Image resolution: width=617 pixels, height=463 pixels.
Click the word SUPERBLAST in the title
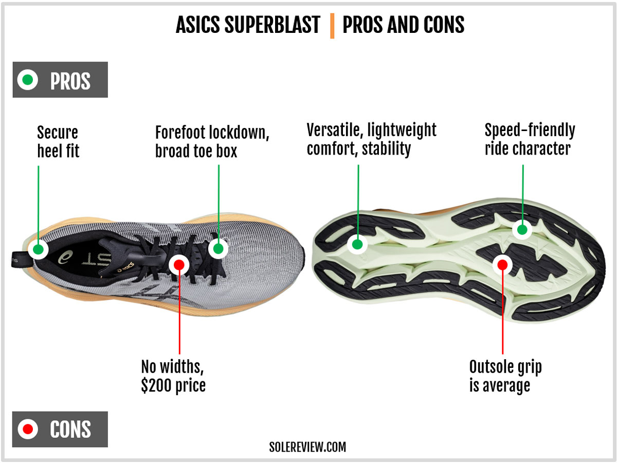click(x=272, y=25)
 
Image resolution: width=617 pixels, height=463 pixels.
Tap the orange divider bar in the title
click(x=332, y=26)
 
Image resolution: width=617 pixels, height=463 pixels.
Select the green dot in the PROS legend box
click(x=28, y=80)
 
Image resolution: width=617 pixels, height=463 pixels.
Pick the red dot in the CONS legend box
click(x=28, y=429)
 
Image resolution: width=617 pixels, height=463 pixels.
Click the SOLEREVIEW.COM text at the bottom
click(x=307, y=447)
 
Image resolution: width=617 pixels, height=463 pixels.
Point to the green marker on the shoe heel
click(x=38, y=249)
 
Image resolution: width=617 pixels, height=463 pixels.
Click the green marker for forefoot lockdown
click(x=219, y=248)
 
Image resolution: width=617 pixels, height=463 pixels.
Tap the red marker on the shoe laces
click(x=179, y=264)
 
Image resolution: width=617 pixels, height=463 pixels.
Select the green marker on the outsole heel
click(x=357, y=244)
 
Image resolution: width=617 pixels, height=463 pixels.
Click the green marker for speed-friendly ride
click(x=522, y=230)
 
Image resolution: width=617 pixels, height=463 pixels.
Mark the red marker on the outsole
click(x=502, y=264)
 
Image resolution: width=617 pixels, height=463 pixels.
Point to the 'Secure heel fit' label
click(x=58, y=142)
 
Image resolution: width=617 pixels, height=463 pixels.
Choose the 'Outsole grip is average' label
click(x=505, y=376)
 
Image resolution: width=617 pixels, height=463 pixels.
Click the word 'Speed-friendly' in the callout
click(x=530, y=131)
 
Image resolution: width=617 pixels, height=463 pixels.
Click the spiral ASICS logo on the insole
click(x=65, y=257)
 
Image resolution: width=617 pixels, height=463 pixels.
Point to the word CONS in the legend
click(x=70, y=429)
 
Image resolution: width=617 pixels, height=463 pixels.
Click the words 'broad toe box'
click(x=196, y=151)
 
